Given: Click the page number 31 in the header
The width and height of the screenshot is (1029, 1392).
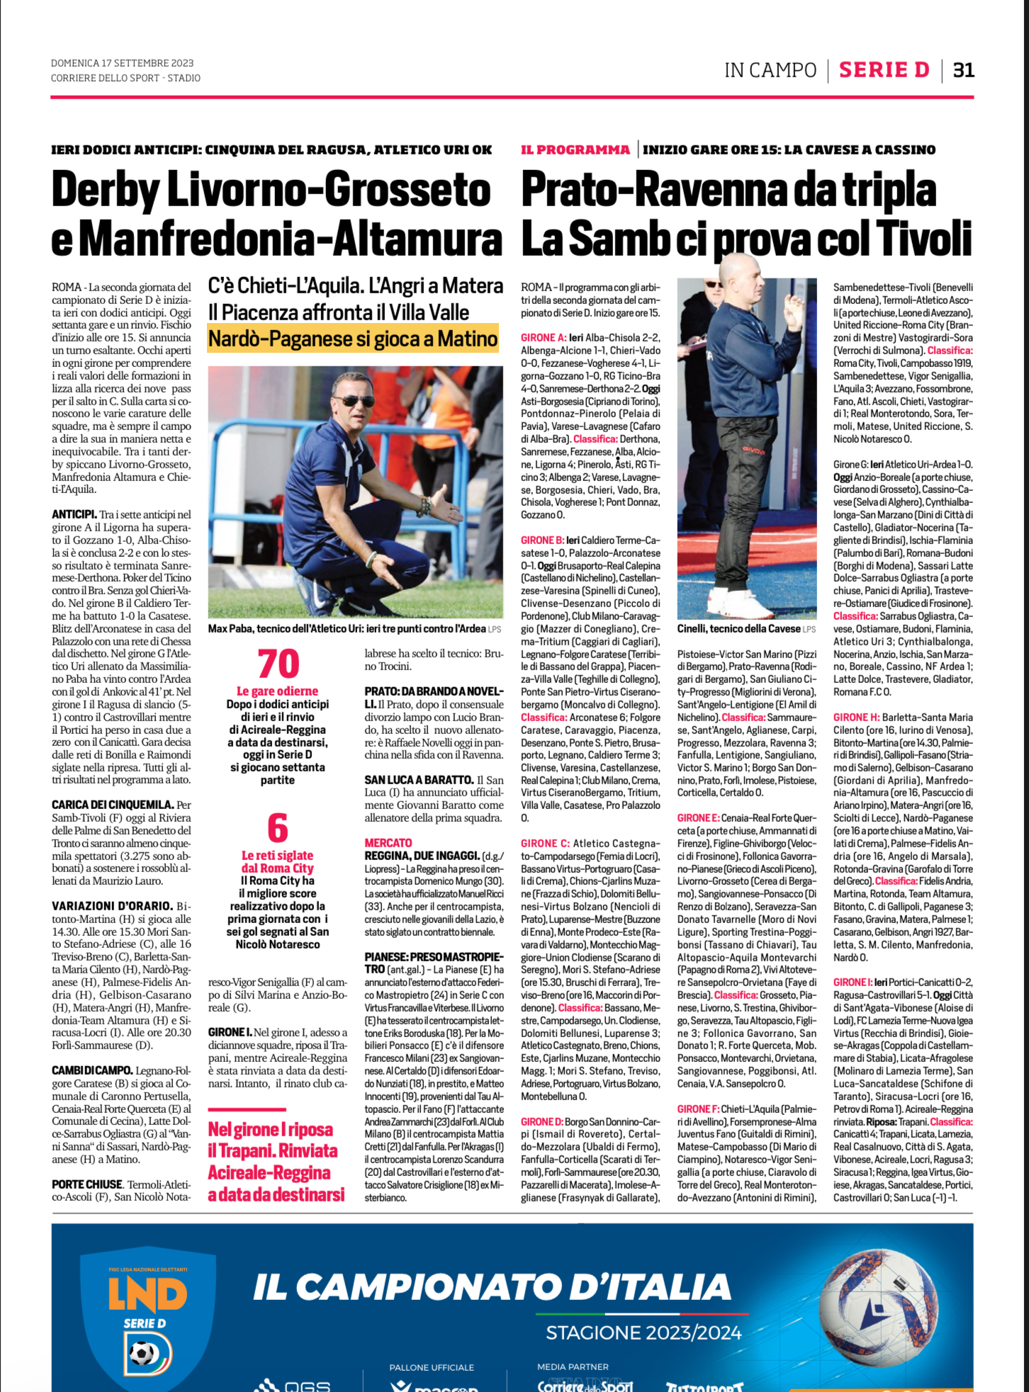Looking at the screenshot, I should pos(964,70).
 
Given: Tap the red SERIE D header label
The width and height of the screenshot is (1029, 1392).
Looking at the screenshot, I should pos(884,70).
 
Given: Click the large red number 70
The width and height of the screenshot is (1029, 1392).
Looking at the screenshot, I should pos(278,664).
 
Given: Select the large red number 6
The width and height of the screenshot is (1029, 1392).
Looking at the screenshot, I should pos(277,828).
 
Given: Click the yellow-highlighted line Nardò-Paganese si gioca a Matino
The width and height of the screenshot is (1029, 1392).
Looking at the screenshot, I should pos(353,339).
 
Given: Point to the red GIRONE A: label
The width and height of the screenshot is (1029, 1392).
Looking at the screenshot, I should pos(544,338).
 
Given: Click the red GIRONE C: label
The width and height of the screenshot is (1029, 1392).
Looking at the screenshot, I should pos(545,843).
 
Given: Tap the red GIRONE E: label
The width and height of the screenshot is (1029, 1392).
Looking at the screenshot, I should pos(698,817).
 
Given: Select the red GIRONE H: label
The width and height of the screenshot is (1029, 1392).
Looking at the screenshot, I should pos(856,717).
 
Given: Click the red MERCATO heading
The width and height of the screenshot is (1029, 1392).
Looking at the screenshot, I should pos(388,842).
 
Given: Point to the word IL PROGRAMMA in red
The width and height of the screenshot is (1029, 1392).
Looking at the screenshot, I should pos(575,149).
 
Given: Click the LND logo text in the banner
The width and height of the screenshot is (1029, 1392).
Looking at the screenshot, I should pos(147,1294).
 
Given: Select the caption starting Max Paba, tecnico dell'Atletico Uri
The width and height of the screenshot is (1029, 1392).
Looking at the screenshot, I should pos(347,628).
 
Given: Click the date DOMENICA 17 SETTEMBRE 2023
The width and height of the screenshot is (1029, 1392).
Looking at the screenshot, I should pos(122,63).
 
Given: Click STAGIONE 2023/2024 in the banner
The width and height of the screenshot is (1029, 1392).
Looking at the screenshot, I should pos(643,1332).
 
